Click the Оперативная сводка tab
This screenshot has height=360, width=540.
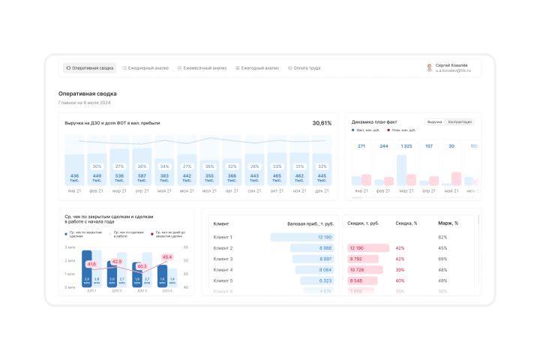click(x=90, y=67)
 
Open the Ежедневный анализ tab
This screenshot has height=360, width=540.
click(x=145, y=67)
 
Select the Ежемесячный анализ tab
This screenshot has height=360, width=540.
click(x=202, y=67)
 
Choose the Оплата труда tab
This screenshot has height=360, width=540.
click(x=304, y=67)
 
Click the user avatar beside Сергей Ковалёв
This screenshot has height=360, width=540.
click(x=430, y=67)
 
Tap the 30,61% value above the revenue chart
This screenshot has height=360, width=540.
click(x=322, y=122)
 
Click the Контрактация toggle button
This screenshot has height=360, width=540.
click(x=460, y=121)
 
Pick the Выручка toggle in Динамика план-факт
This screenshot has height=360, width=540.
click(x=434, y=121)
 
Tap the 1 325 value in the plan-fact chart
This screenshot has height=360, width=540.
click(x=406, y=146)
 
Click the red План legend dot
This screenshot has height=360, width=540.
click(x=388, y=130)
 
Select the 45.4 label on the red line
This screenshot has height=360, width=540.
click(x=166, y=257)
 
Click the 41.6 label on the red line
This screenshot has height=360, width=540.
click(x=91, y=264)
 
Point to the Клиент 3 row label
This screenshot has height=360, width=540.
click(x=223, y=259)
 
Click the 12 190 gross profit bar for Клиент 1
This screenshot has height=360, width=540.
click(x=302, y=237)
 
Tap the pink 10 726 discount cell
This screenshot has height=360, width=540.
click(x=367, y=269)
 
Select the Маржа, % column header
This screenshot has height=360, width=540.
click(x=448, y=223)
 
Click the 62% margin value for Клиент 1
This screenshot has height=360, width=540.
click(x=442, y=237)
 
